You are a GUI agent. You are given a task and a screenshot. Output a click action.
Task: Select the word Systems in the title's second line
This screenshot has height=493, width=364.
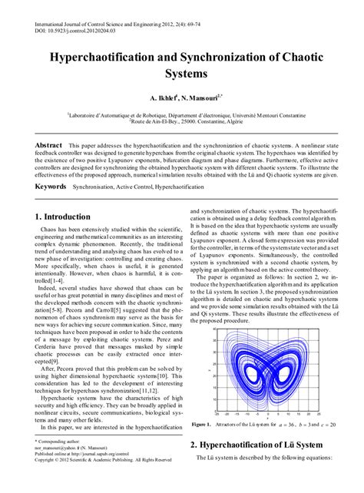(182, 74)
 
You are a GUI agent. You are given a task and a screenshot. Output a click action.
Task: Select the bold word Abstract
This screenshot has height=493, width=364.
(49, 144)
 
